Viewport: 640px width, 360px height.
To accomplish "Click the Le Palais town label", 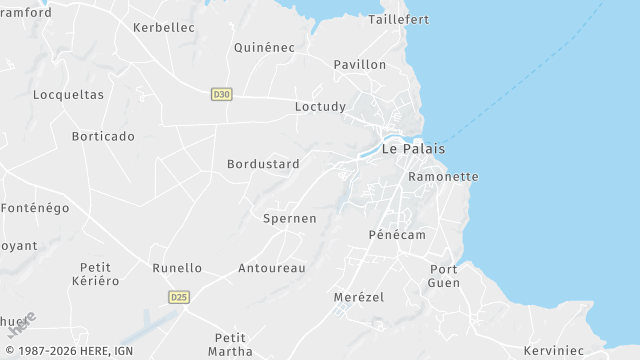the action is [x=413, y=149].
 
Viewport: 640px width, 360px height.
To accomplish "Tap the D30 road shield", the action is [x=222, y=94].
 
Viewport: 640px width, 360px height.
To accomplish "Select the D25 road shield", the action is [x=179, y=297].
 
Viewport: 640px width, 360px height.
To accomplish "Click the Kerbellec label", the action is [x=164, y=28].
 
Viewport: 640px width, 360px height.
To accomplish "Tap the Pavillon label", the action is [x=360, y=64].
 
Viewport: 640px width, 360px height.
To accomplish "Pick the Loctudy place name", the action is [x=321, y=106].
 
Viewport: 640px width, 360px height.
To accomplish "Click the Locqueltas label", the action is [x=69, y=95].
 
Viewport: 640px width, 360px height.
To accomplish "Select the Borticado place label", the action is [x=103, y=136].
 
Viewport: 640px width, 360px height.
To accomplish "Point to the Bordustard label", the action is [x=263, y=164].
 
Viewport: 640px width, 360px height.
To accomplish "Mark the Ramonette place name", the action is [x=444, y=177].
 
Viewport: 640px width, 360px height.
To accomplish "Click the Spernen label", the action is [x=289, y=218].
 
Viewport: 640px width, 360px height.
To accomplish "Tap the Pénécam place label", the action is [x=397, y=234].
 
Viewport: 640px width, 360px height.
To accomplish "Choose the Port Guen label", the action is [x=444, y=276].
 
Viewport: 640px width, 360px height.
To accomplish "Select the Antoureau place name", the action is [x=272, y=268].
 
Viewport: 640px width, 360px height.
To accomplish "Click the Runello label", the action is [x=177, y=268].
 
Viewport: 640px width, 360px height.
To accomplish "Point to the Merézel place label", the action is [x=358, y=297].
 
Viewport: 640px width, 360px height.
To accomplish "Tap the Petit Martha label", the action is [x=231, y=344].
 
